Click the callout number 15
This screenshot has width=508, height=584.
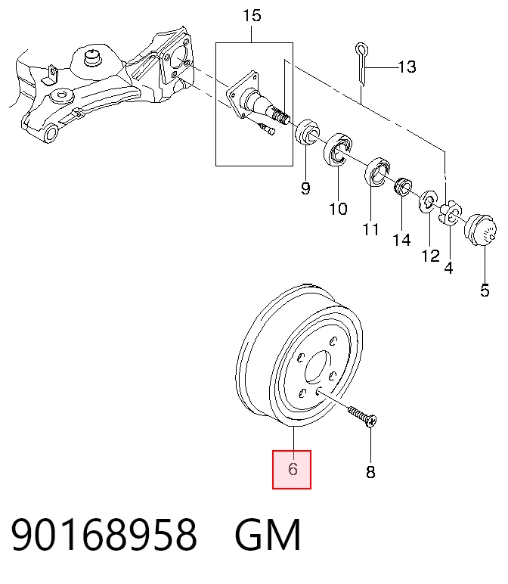point(252,16)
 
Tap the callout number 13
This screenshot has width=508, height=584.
point(407,67)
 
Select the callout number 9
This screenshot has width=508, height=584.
point(305,188)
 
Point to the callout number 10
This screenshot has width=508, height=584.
point(339,209)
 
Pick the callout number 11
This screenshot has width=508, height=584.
point(370,229)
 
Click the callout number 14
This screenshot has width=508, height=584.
point(402,240)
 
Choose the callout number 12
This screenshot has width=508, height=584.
point(430,256)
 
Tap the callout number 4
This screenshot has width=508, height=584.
point(448,268)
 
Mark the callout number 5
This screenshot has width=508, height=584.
point(485,290)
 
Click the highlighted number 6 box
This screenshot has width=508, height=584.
point(292,469)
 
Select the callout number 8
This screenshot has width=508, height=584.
point(370,472)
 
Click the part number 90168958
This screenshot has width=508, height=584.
point(104,535)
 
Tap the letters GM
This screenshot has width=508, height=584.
point(267,535)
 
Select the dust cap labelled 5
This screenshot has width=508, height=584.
point(481,230)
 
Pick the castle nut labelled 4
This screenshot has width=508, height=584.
point(451,213)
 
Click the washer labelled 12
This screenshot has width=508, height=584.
point(429,202)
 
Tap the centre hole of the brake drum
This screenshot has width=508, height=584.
point(317,367)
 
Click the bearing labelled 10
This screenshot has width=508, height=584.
point(338,150)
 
